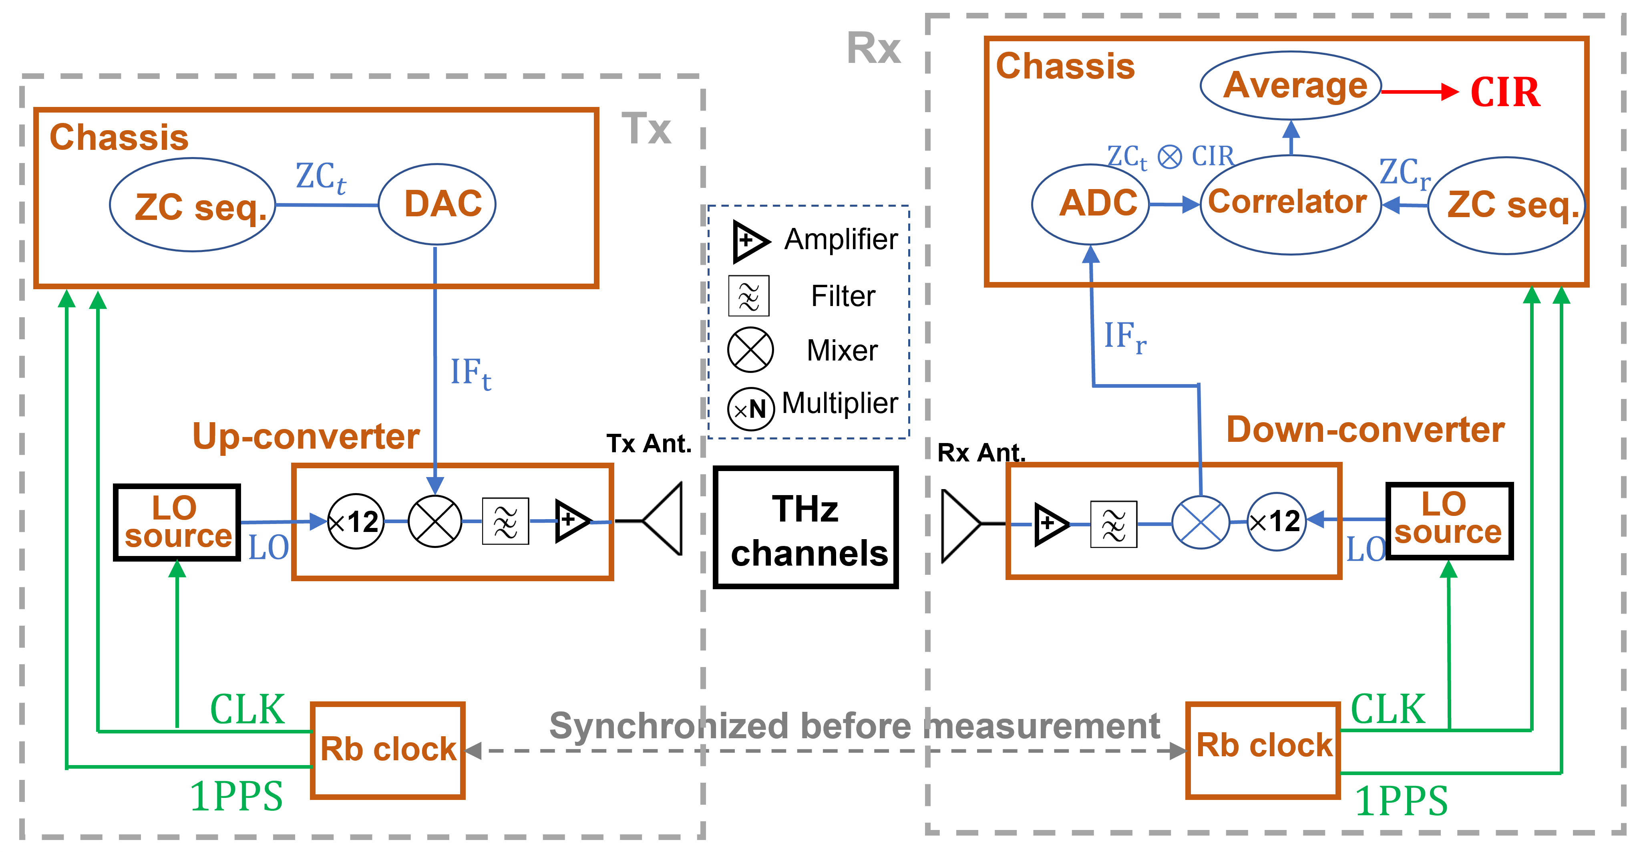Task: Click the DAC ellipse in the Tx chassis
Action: [x=437, y=204]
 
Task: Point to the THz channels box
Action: [x=806, y=528]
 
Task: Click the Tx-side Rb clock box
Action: [x=388, y=750]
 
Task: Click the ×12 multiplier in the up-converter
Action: [x=356, y=522]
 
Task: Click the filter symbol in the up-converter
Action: [x=505, y=521]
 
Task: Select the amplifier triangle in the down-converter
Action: [x=1050, y=524]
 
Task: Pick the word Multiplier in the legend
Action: [x=840, y=404]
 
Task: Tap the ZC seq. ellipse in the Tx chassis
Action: [x=193, y=205]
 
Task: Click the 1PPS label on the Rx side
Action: [x=1402, y=801]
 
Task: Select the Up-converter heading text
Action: [x=306, y=436]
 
